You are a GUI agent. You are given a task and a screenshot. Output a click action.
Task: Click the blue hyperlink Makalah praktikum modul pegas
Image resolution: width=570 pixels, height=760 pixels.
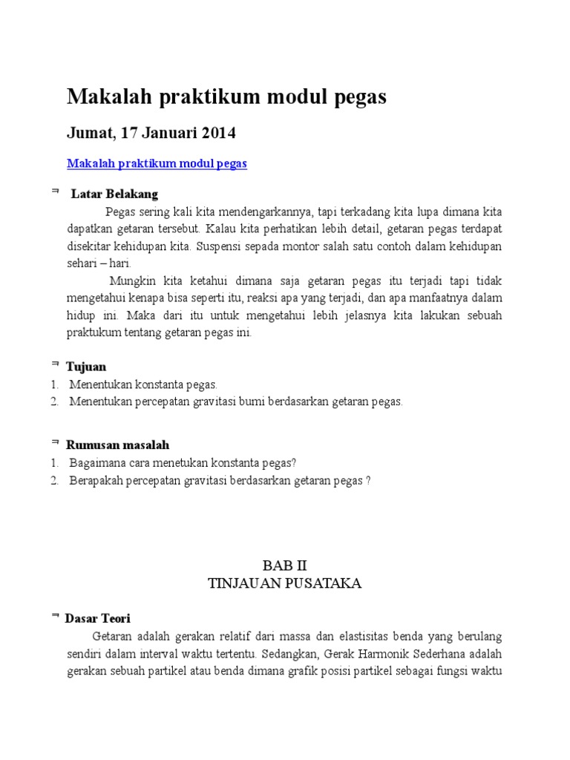coord(157,163)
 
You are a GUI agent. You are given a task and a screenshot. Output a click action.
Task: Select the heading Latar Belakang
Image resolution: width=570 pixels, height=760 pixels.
coord(114,194)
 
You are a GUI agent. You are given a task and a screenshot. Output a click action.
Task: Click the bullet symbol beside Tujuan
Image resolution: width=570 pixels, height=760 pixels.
coord(56,364)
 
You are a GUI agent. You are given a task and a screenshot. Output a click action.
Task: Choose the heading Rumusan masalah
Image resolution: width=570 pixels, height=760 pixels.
coord(117,445)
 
